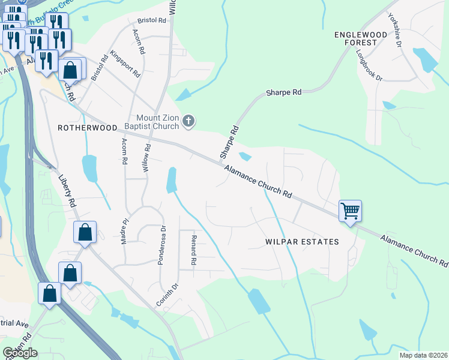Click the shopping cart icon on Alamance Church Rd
350,211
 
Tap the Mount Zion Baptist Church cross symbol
188,122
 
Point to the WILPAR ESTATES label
302,242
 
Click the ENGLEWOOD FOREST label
356,39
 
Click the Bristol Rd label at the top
151,20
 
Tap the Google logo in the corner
20,353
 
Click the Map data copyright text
423,355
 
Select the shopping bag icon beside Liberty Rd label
85,232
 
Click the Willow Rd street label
146,159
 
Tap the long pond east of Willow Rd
172,180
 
